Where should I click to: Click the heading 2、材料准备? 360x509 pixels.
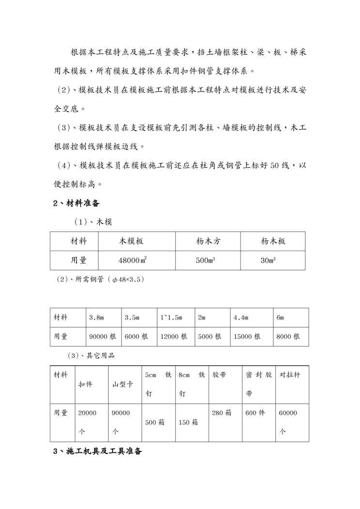coord(76,203)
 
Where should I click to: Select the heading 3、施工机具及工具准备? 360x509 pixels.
coord(97,451)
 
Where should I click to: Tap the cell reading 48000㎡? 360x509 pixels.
coord(133,260)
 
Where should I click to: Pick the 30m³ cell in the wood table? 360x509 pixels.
coord(268,260)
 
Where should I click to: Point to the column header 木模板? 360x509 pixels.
coord(132,241)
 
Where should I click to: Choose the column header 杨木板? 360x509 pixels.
coord(273,241)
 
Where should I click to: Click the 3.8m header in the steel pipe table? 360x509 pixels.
coord(97,317)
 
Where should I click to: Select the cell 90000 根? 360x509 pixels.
coord(103,336)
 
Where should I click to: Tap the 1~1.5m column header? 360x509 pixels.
coord(171,317)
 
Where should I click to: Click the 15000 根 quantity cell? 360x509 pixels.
coord(247,336)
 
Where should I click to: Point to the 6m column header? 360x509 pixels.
coord(280,317)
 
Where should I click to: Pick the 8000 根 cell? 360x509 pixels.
coord(288,336)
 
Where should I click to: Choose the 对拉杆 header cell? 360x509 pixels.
coord(290,375)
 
